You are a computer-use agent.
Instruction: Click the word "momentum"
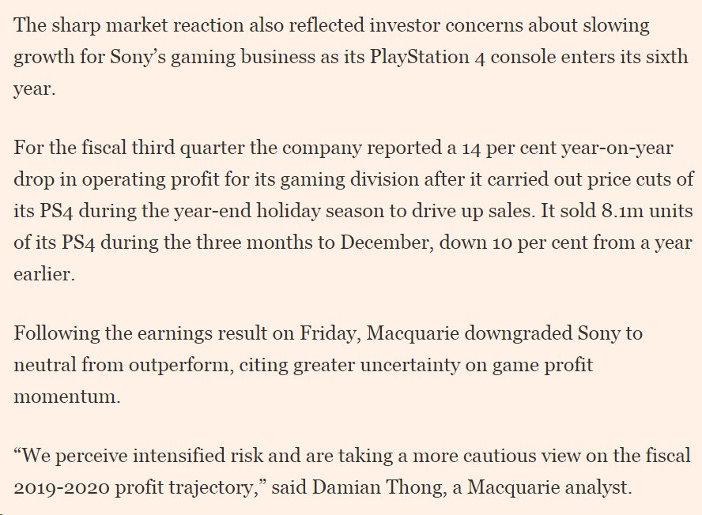coord(66,396)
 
